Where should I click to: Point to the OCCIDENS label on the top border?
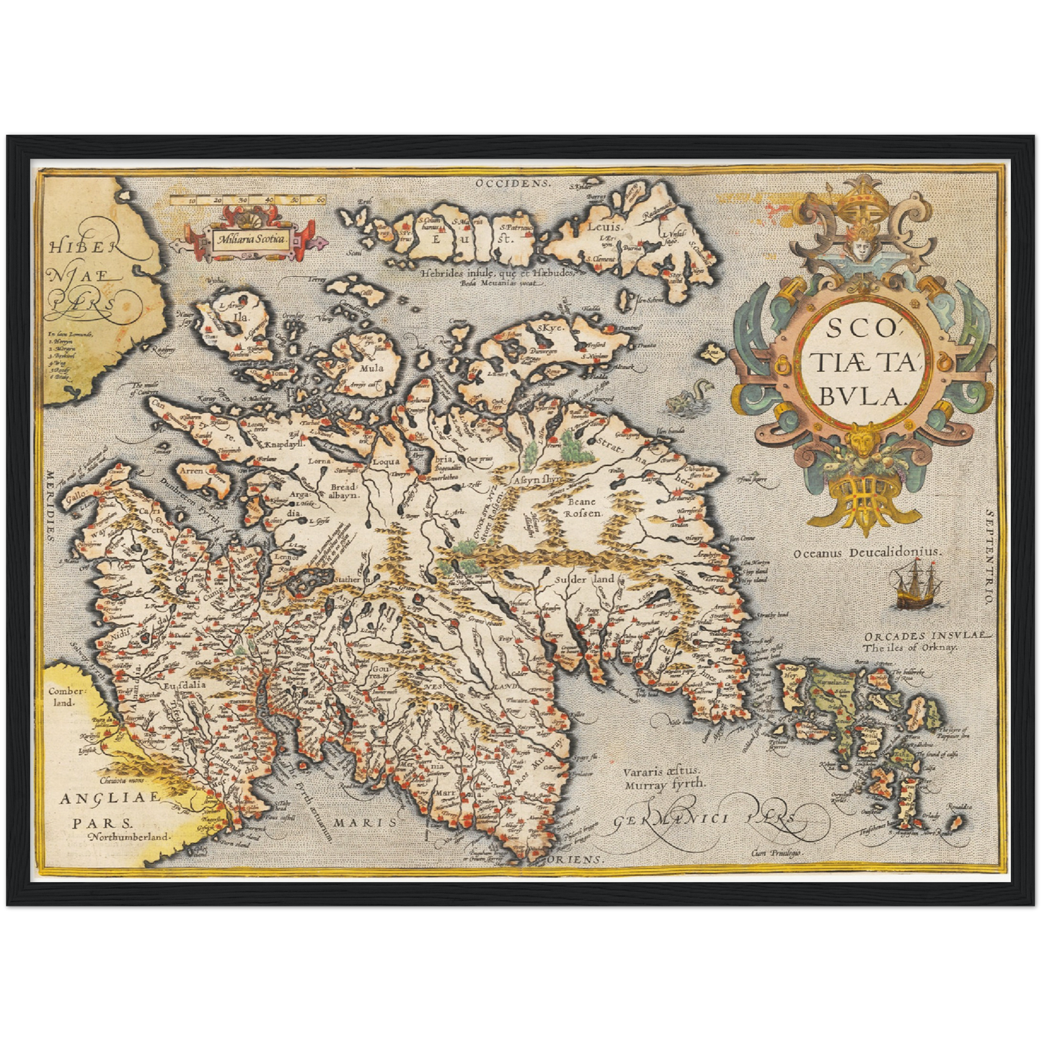513,183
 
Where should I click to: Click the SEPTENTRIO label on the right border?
989,554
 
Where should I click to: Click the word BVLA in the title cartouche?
865,394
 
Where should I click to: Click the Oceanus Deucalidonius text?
867,552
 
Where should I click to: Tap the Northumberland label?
128,837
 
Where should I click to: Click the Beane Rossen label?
580,507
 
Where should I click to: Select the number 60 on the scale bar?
320,199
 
